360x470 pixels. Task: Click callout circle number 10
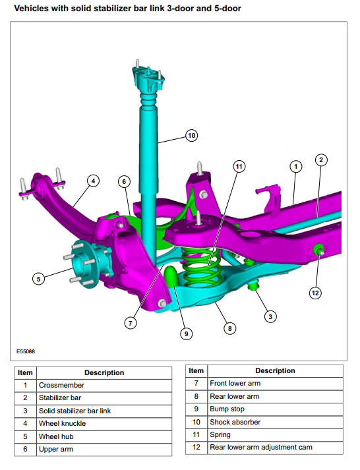192,136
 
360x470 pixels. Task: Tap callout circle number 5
38,279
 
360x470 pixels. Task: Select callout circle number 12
315,293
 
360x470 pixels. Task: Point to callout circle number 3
270,316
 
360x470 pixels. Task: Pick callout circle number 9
186,334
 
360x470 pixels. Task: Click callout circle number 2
321,160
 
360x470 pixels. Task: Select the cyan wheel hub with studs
88,263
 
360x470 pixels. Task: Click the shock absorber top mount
148,78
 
